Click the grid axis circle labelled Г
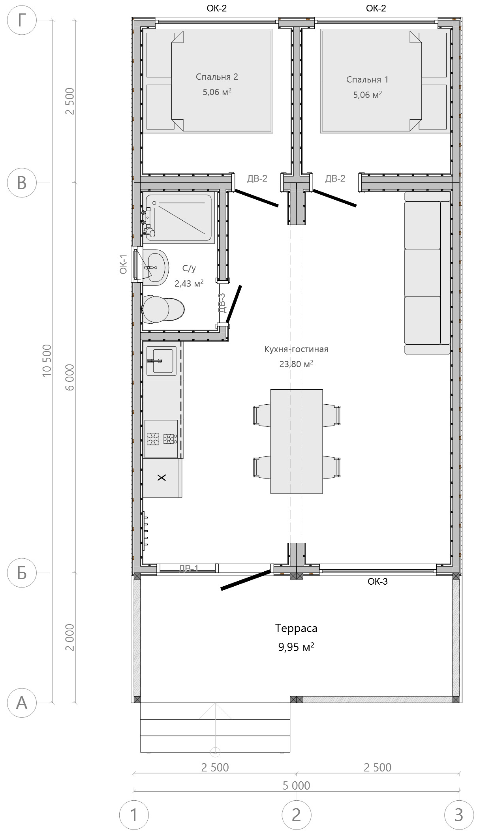pyautogui.click(x=22, y=21)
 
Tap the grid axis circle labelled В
pyautogui.click(x=22, y=183)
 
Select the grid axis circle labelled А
pyautogui.click(x=22, y=703)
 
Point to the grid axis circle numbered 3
pyautogui.click(x=459, y=815)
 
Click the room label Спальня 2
pyautogui.click(x=217, y=77)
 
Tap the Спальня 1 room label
pyautogui.click(x=367, y=79)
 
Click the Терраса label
pyautogui.click(x=296, y=628)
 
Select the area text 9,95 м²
pyautogui.click(x=296, y=647)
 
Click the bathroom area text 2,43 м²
pyautogui.click(x=189, y=283)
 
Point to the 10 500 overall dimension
pyautogui.click(x=47, y=360)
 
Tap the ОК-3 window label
pyautogui.click(x=378, y=581)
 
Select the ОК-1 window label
pyautogui.click(x=124, y=265)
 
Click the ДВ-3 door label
pyautogui.click(x=222, y=302)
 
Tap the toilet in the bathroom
pyautogui.click(x=163, y=309)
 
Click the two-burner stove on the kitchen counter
pyautogui.click(x=161, y=438)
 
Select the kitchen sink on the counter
pyautogui.click(x=162, y=361)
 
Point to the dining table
pyautogui.click(x=297, y=441)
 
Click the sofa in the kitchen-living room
pyautogui.click(x=427, y=272)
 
